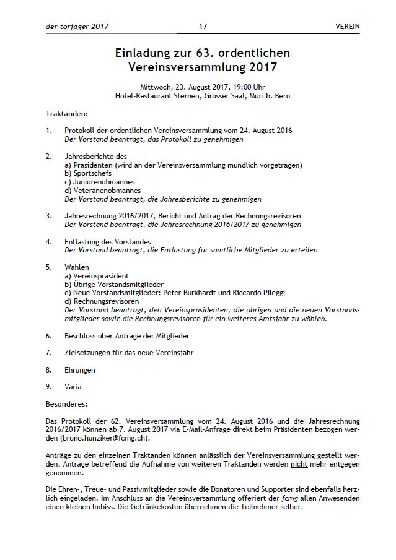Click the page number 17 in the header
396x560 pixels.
point(203,27)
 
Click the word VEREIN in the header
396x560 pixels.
point(347,27)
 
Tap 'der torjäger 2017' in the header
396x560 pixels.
point(77,27)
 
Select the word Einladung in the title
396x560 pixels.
point(144,53)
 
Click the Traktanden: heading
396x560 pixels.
point(67,114)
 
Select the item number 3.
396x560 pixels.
point(49,216)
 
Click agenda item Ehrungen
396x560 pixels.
point(80,370)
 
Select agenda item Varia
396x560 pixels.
point(73,387)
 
